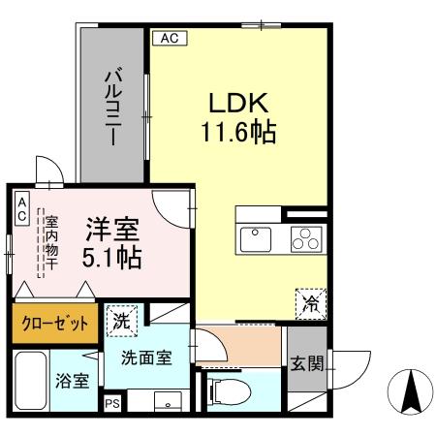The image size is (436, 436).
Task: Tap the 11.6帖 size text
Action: coord(239,131)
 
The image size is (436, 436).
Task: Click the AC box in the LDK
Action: coord(168,39)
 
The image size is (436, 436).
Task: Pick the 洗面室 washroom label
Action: coord(146,357)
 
